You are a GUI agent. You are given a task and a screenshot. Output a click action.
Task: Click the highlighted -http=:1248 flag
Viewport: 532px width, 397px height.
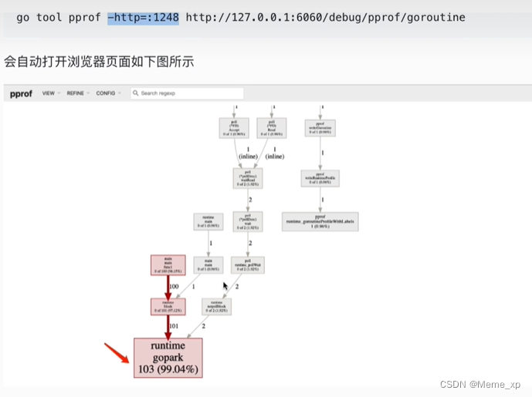pos(143,16)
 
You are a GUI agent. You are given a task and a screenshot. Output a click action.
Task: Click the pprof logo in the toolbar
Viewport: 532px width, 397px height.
pos(22,93)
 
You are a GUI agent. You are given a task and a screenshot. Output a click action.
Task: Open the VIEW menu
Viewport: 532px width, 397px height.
pos(49,93)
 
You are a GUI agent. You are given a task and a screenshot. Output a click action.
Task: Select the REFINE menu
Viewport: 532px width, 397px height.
pos(76,93)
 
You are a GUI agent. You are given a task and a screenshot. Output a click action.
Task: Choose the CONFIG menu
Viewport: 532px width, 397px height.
pos(107,93)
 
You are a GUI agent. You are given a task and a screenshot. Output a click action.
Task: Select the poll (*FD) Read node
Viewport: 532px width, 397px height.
pos(272,128)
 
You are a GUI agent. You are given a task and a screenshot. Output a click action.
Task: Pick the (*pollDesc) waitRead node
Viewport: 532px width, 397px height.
pos(247,178)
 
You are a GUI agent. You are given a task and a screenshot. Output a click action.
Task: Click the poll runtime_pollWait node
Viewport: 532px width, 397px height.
pos(248,266)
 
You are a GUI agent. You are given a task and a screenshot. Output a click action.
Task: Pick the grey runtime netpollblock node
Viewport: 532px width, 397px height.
pos(215,306)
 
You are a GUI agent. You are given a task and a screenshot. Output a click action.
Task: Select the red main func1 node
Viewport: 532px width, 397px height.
pos(168,265)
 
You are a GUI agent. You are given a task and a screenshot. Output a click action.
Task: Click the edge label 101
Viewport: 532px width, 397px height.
pos(173,325)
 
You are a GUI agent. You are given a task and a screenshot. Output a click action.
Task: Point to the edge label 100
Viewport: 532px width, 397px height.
pos(173,286)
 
